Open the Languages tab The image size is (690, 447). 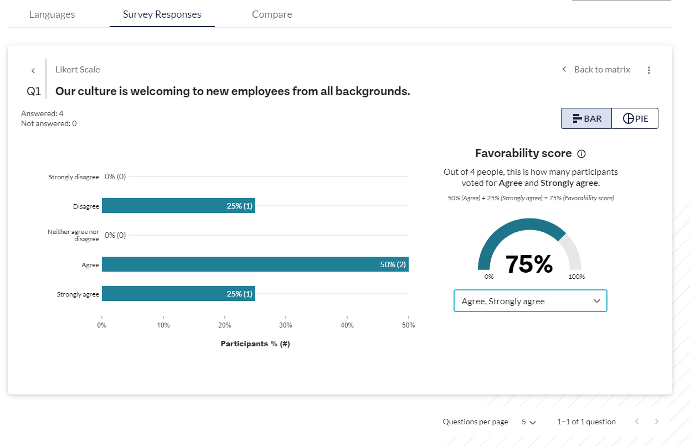pos(52,14)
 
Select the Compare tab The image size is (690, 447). pos(272,14)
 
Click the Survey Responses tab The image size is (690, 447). pos(162,14)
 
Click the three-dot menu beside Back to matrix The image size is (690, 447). pos(649,70)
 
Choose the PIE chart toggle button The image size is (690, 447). pos(635,118)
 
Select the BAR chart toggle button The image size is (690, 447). pos(586,118)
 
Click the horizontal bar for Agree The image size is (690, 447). pos(255,264)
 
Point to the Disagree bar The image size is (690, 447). pos(178,206)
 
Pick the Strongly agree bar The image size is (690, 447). pos(178,294)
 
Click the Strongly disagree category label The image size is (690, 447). pos(74,177)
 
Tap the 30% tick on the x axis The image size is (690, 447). pos(285,325)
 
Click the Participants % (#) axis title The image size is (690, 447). pos(255,344)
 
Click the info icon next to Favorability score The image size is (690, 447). pos(581,154)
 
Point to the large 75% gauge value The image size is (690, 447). pos(529,264)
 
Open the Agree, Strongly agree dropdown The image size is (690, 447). pos(530,301)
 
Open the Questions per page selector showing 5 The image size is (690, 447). pos(529,422)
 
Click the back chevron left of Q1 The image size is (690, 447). pos(33,71)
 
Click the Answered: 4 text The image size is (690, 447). pos(42,113)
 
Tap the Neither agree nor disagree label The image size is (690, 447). pos(73,235)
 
